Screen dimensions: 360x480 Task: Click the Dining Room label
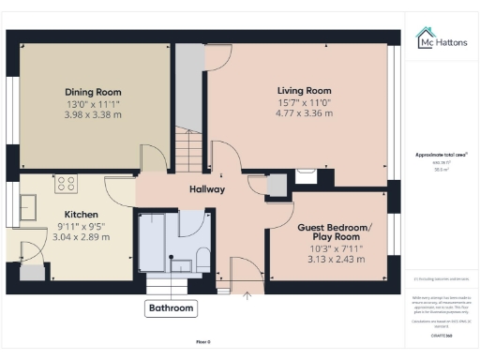tap(93, 92)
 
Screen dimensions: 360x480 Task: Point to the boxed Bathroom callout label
tap(172, 307)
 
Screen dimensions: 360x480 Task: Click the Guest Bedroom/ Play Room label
tap(335, 233)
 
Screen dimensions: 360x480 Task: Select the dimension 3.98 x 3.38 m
tap(93, 114)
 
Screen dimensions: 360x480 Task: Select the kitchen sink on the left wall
tap(27, 206)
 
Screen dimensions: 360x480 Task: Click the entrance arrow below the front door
tap(247, 297)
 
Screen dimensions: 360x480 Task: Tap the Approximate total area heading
tap(441, 155)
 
